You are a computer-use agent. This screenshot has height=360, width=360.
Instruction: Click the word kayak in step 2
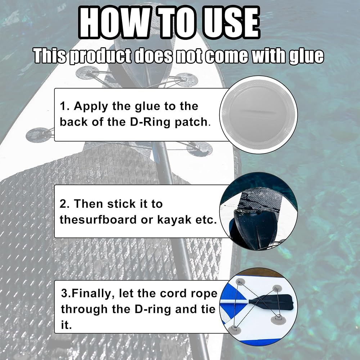click(174, 220)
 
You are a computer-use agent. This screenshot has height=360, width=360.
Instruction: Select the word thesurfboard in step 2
click(98, 220)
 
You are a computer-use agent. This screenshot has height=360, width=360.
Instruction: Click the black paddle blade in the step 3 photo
click(273, 302)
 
